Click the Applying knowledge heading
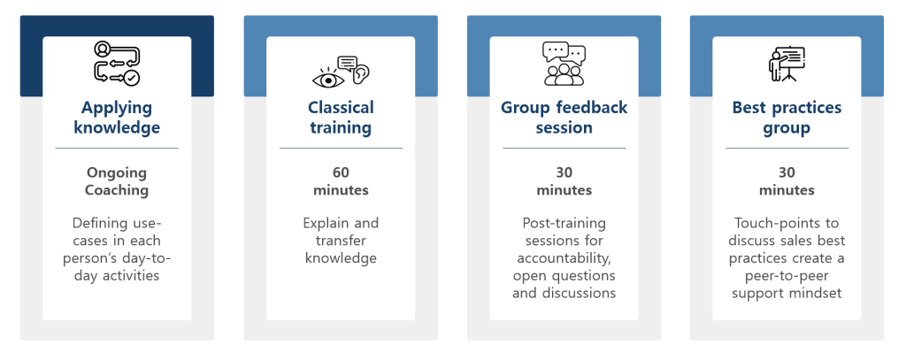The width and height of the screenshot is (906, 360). (x=117, y=118)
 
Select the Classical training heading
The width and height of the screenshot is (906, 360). (x=341, y=118)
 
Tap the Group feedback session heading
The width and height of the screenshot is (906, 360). (x=564, y=118)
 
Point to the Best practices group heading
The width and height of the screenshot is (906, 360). (x=787, y=118)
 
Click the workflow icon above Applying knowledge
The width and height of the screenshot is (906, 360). (x=117, y=63)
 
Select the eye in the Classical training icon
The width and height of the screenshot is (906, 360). (x=327, y=80)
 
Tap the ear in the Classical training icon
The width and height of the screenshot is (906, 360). (x=360, y=73)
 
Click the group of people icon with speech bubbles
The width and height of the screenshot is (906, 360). (x=564, y=64)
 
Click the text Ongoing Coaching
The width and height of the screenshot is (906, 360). (x=117, y=181)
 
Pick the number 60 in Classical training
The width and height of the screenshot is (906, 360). (x=341, y=172)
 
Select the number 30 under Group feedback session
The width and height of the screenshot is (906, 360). (x=564, y=172)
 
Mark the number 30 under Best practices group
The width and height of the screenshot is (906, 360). (x=787, y=172)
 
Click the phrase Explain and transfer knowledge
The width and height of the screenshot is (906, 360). (x=341, y=241)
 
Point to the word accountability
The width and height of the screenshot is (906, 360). (x=564, y=257)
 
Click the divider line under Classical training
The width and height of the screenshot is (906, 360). (x=341, y=148)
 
